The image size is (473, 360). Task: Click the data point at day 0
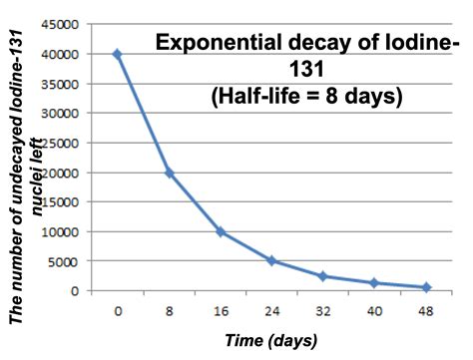click(x=118, y=55)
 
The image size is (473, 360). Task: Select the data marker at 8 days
click(x=170, y=173)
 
